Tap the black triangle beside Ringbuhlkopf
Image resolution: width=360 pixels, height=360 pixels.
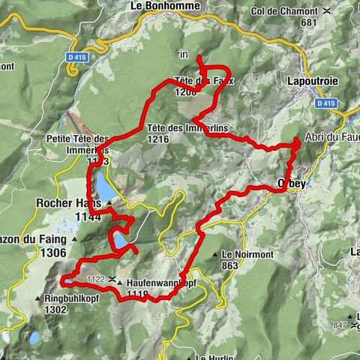(37, 298)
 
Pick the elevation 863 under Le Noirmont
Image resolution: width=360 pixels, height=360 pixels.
(229, 265)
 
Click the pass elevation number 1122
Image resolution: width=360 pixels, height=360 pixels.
(95, 279)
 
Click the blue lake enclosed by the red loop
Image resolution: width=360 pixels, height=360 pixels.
(120, 240)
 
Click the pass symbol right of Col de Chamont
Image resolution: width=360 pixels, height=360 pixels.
(328, 11)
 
